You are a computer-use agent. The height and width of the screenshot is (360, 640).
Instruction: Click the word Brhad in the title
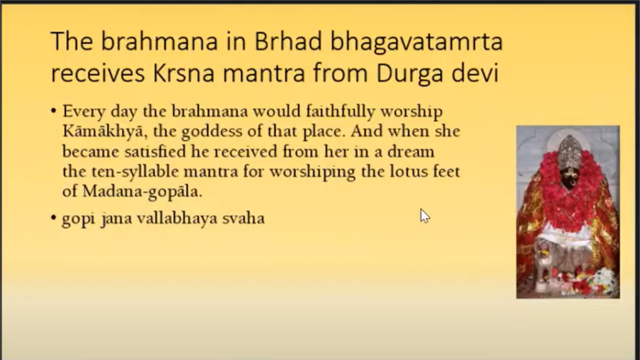(x=288, y=41)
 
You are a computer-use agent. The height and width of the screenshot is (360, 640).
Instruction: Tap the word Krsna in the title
(x=184, y=73)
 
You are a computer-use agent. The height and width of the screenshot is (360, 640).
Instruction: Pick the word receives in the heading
(x=98, y=74)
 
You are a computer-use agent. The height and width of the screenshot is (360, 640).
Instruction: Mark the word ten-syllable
(x=137, y=172)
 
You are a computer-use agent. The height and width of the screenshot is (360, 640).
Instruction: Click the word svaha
(x=243, y=218)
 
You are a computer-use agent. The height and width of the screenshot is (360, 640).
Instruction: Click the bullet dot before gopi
(x=53, y=218)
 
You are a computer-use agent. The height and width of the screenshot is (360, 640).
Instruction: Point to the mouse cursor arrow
(x=424, y=216)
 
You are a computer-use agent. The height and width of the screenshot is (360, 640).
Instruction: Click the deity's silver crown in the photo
(x=570, y=152)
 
